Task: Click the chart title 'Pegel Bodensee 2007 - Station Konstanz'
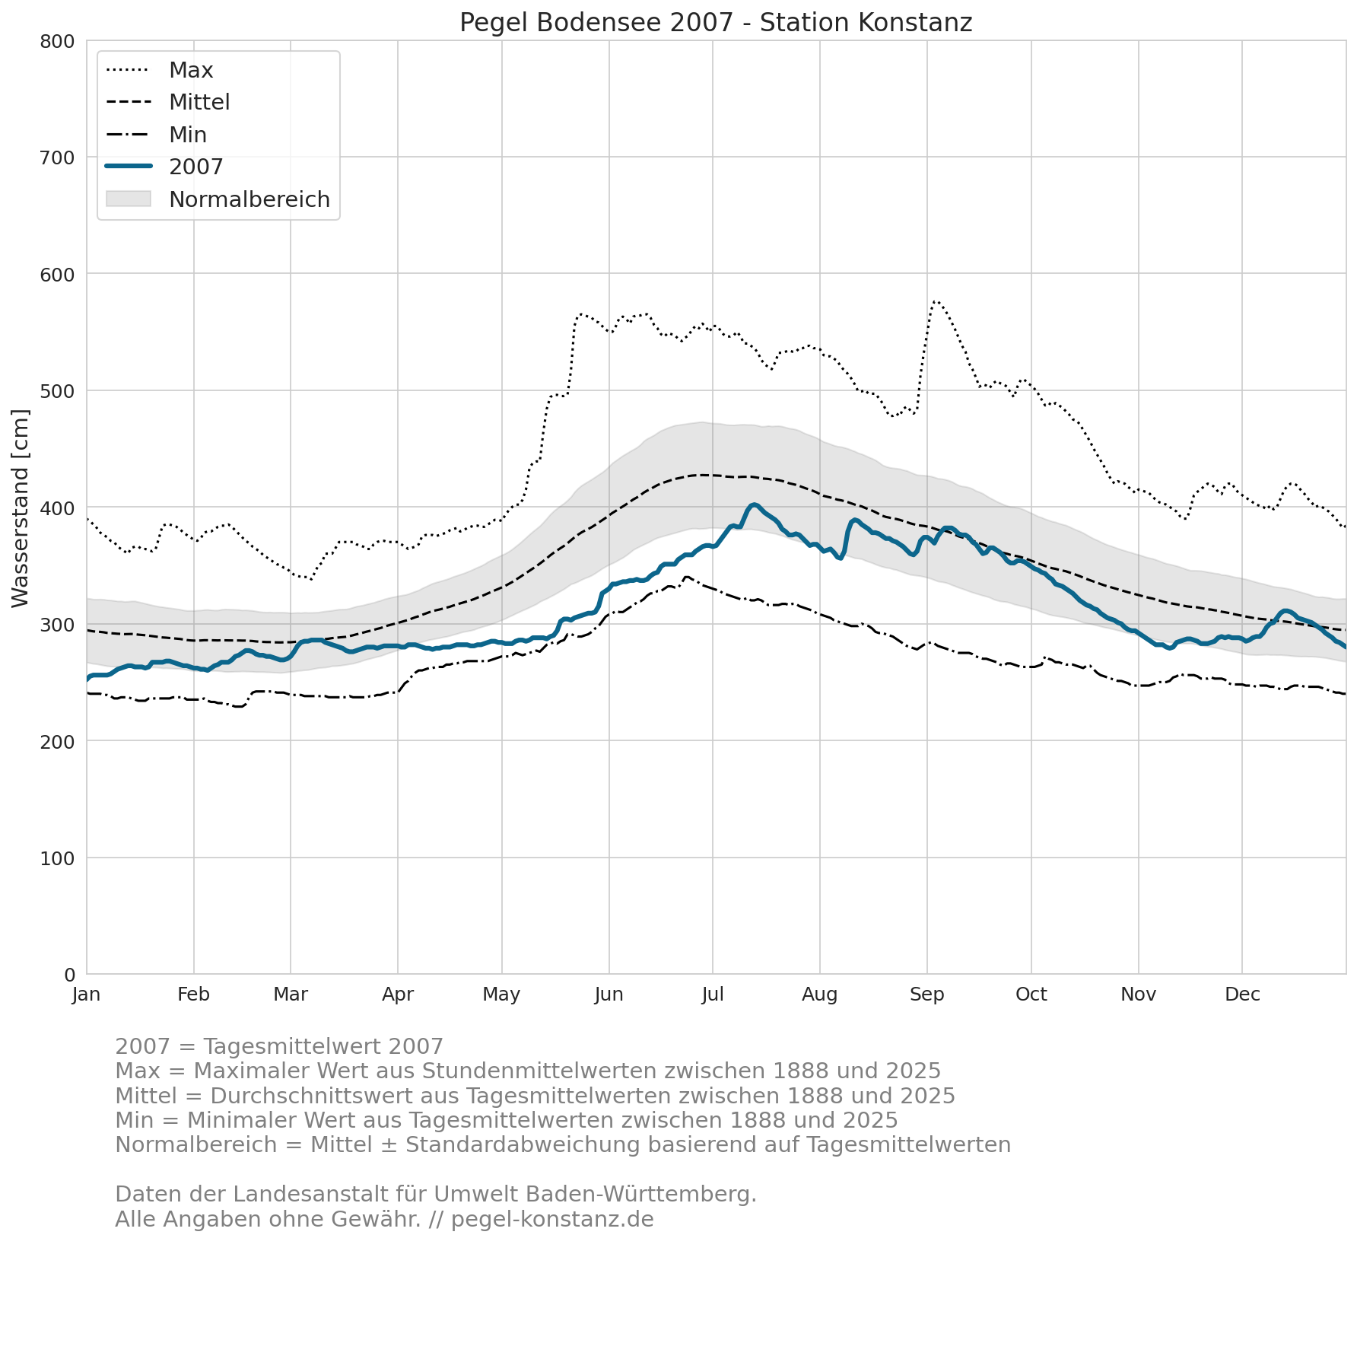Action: point(716,23)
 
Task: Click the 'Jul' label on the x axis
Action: point(713,995)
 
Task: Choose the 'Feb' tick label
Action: point(193,995)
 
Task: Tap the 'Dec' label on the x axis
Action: point(1242,995)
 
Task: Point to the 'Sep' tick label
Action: point(926,995)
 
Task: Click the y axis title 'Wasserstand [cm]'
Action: point(21,508)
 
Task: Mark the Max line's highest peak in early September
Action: point(935,301)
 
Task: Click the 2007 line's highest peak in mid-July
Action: point(753,504)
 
